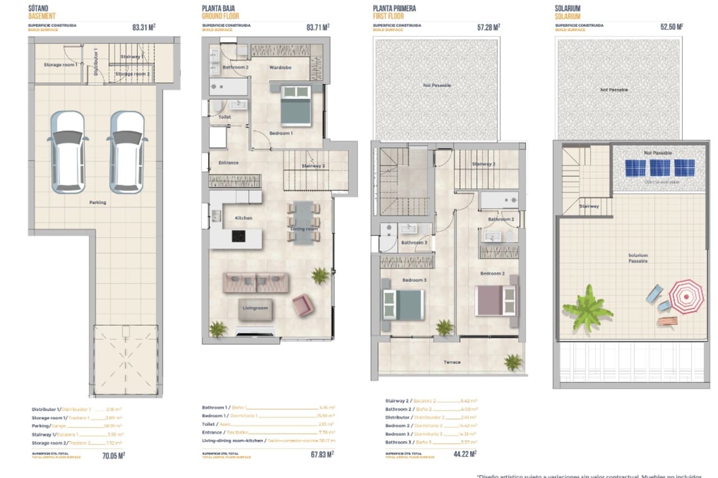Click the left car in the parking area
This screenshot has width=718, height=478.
pyautogui.click(x=67, y=152)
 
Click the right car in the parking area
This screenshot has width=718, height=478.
pyautogui.click(x=127, y=152)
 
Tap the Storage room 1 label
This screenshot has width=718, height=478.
pyautogui.click(x=61, y=65)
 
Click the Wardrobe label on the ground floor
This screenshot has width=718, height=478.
pyautogui.click(x=279, y=67)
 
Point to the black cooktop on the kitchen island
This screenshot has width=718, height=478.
pyautogui.click(x=238, y=236)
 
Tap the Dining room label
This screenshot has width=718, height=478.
pyautogui.click(x=304, y=229)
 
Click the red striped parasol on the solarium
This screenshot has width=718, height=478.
pyautogui.click(x=685, y=297)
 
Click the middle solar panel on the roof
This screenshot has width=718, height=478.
pyautogui.click(x=660, y=168)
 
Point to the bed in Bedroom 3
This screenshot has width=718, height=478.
pyautogui.click(x=402, y=304)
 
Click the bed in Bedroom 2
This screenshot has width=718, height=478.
pyautogui.click(x=495, y=300)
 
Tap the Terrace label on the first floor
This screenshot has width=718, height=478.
pyautogui.click(x=452, y=362)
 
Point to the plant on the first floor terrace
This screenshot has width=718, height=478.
pyautogui.click(x=513, y=362)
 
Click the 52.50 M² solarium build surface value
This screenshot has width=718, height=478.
pyautogui.click(x=671, y=26)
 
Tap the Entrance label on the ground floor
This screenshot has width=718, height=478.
pyautogui.click(x=228, y=163)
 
